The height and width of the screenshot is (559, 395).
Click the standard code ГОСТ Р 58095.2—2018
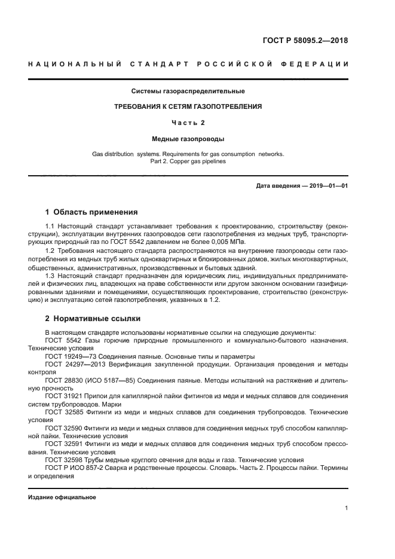tap(305, 41)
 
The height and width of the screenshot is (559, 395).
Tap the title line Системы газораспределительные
tap(188, 91)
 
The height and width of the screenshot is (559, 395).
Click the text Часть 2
tap(188, 123)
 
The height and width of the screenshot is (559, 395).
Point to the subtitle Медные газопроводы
tap(188, 139)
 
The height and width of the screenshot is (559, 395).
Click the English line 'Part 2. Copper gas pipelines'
tap(188, 161)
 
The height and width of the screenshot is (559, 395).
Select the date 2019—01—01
tap(327, 186)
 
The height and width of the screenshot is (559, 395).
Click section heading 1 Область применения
tap(91, 212)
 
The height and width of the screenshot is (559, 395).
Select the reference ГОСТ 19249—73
tap(71, 356)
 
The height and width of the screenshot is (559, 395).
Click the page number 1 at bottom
tap(346, 508)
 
